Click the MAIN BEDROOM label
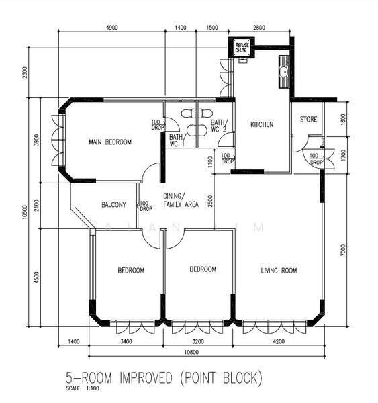[x=110, y=142]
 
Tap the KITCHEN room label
[x=262, y=124]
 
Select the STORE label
[x=308, y=120]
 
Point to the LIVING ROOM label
[x=279, y=271]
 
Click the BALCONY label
[x=113, y=205]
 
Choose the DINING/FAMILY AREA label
[x=181, y=200]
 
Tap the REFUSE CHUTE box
[x=242, y=48]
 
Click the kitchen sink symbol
[x=284, y=72]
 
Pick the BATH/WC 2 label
[x=219, y=126]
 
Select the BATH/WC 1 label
[x=177, y=140]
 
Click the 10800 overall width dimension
[x=191, y=352]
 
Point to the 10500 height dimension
[x=25, y=212]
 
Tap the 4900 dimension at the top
[x=112, y=28]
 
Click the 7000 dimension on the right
[x=343, y=250]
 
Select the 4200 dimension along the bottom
[x=279, y=341]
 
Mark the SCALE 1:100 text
[x=83, y=388]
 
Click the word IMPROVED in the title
[x=146, y=378]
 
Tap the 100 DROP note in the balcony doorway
[x=146, y=206]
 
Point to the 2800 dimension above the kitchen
[x=259, y=28]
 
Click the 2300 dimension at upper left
[x=25, y=73]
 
